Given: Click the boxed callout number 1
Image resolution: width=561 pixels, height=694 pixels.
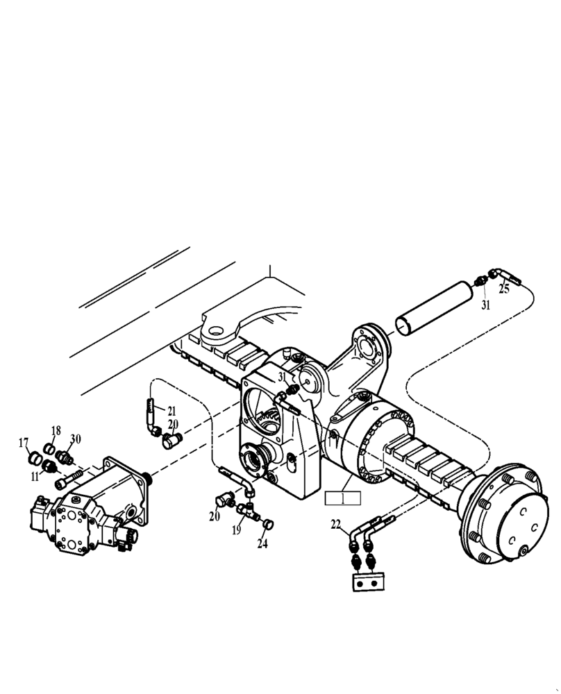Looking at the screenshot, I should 342,498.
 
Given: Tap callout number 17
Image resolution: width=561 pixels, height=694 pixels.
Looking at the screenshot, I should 24,442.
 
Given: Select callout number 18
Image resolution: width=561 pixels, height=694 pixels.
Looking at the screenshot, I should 56,431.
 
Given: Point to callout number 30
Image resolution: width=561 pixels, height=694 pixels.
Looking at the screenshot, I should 76,439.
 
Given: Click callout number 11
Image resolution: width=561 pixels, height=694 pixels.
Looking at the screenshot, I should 34,475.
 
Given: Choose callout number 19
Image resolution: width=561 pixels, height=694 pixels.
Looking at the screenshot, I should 237,530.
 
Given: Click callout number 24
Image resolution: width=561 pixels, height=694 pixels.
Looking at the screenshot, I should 262,544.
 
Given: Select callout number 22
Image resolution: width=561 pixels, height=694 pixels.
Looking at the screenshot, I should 336,525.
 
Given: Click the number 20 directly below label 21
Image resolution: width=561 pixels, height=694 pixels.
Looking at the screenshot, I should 173,424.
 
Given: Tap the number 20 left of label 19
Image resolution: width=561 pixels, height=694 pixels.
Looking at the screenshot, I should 214,516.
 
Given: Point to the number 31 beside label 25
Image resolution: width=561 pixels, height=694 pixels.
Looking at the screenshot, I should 486,304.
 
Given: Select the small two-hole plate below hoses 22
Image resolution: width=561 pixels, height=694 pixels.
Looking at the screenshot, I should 368,583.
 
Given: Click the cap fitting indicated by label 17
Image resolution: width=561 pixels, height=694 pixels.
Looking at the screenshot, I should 32,458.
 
